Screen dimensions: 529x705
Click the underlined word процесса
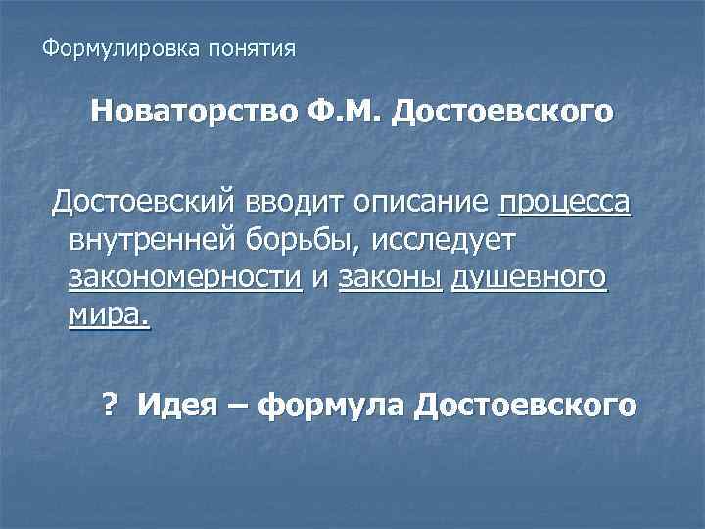pyautogui.click(x=565, y=204)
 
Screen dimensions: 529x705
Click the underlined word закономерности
pyautogui.click(x=185, y=278)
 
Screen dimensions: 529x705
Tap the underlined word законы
pyautogui.click(x=391, y=278)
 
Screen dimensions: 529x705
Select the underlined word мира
pyautogui.click(x=110, y=315)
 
